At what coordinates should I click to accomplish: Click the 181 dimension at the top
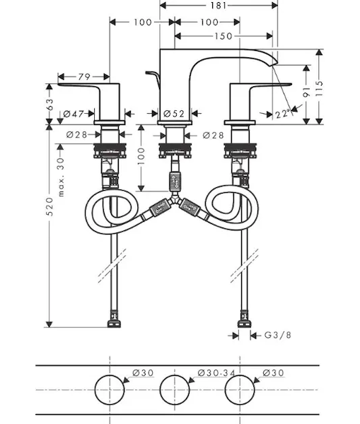[218, 6]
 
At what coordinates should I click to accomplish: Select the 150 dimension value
[223, 36]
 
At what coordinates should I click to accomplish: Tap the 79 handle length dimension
[84, 77]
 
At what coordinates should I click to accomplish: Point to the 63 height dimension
[50, 105]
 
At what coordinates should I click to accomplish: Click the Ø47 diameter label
[74, 114]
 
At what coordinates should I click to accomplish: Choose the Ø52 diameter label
[174, 114]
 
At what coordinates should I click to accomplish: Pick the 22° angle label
[283, 114]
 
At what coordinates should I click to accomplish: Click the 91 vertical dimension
[306, 92]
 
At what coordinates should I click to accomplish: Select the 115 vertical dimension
[320, 88]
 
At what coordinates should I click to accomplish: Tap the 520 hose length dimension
[50, 207]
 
